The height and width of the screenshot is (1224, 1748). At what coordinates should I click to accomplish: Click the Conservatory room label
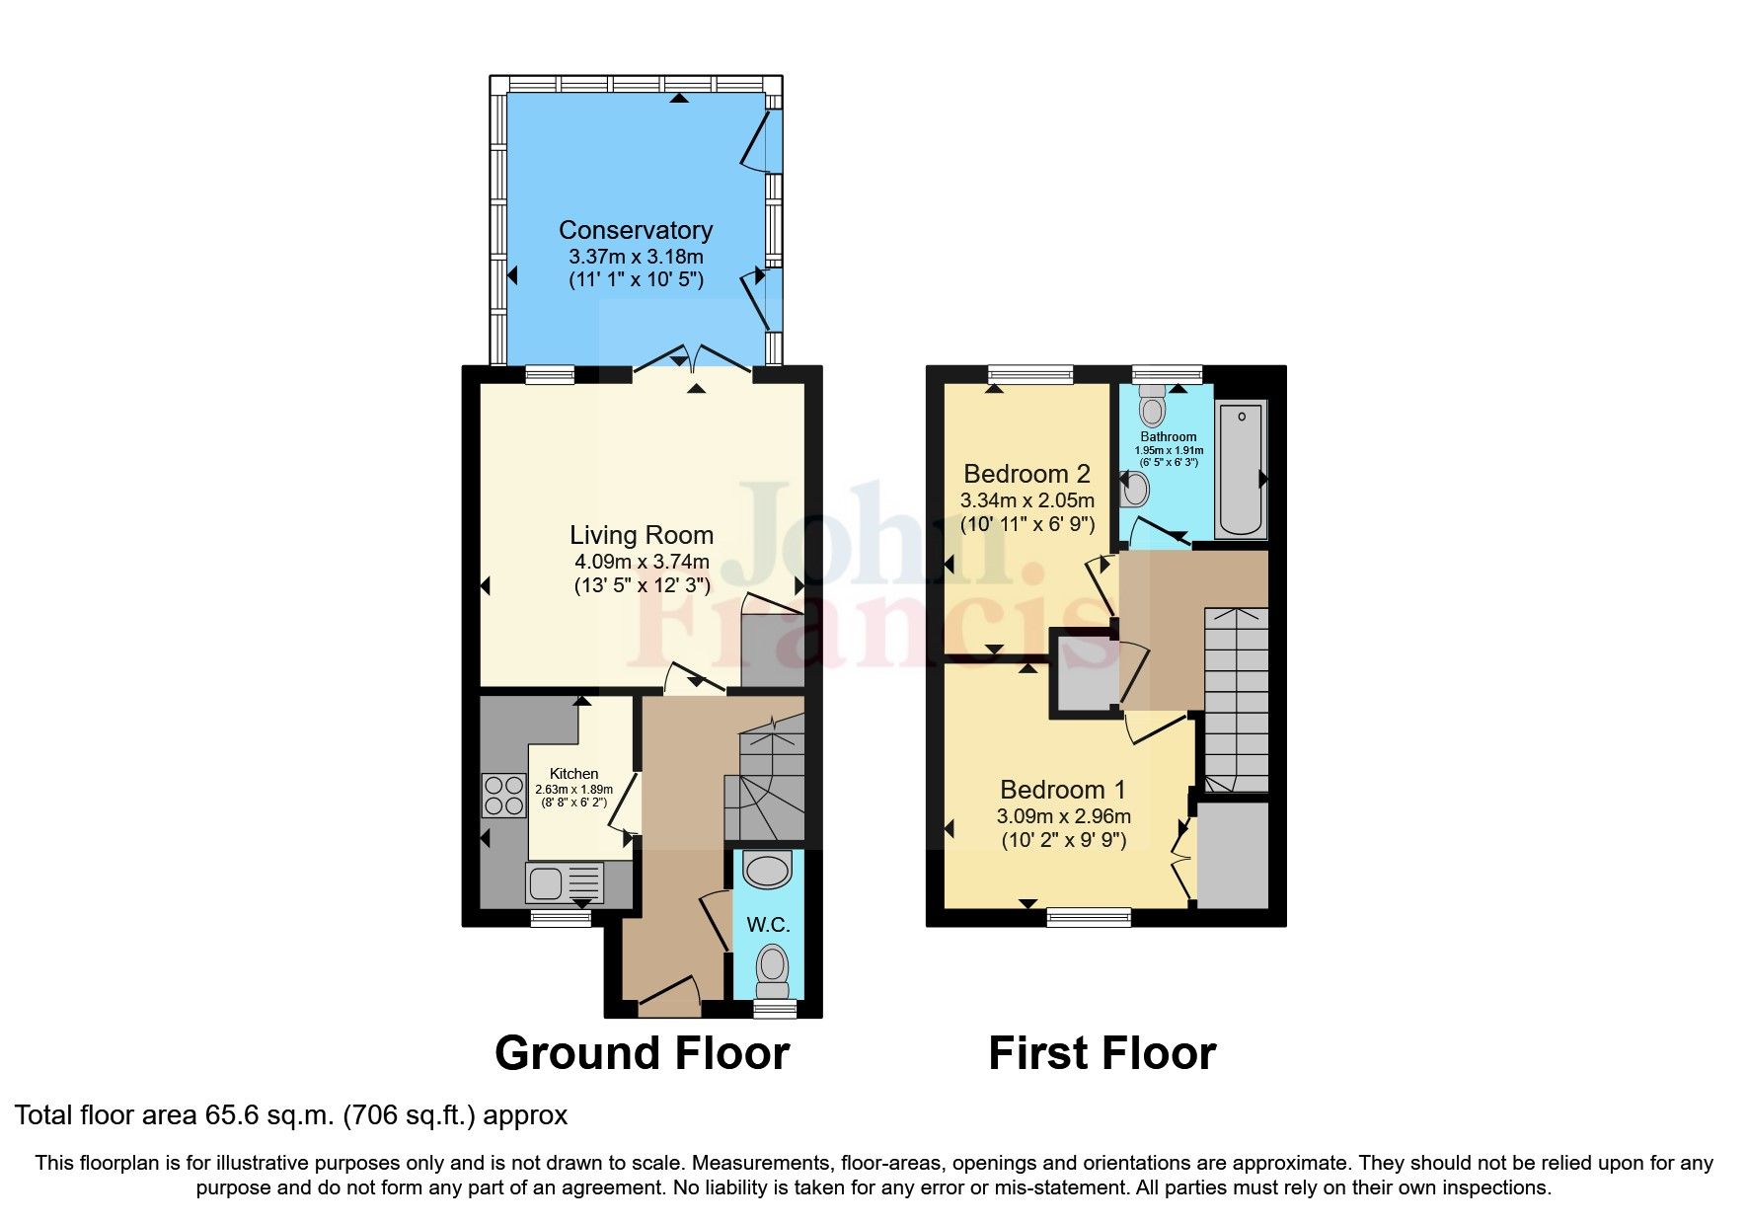coord(636,230)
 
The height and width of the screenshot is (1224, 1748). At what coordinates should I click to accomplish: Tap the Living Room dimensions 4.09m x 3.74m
coord(642,562)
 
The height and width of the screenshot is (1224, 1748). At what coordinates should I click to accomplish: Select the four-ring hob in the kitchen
coord(503,796)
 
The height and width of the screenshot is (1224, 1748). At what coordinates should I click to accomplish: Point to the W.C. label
coord(768,925)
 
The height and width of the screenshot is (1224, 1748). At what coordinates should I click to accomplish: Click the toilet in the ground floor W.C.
coord(772,971)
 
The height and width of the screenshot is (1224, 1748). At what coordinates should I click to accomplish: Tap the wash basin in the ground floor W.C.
coord(768,870)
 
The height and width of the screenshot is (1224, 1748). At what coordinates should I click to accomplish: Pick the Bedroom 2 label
coord(1026,474)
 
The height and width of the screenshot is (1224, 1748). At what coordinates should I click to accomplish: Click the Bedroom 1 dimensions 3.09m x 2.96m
coord(1063,816)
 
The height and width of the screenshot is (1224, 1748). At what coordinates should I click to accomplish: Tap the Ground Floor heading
coord(642,1053)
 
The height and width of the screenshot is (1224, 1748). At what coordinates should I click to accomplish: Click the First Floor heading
coord(1102,1053)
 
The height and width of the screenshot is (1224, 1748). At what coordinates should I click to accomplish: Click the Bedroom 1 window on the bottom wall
coord(1089,918)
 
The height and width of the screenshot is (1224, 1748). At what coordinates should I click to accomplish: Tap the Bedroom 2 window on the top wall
coord(1030,374)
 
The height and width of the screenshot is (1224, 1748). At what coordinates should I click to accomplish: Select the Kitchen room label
coord(573,774)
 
